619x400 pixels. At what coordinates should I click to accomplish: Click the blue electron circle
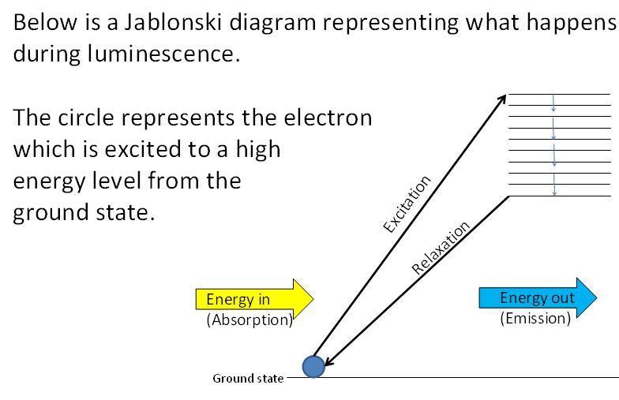point(314,366)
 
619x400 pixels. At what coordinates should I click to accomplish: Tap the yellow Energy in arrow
point(254,299)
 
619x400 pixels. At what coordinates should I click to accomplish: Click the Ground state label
point(248,379)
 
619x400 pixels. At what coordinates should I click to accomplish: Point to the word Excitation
point(407,204)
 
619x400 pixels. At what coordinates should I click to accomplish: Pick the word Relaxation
point(441,248)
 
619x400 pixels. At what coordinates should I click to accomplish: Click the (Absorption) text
point(249,320)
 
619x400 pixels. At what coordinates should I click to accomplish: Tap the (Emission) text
point(535,318)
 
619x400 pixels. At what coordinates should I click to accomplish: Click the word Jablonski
point(172,22)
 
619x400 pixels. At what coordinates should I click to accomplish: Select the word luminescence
point(164,54)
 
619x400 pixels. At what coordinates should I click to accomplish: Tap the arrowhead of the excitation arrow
point(503,98)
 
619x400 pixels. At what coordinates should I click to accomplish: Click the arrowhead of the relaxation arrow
point(328,361)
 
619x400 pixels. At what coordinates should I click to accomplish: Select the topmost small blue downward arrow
point(553,103)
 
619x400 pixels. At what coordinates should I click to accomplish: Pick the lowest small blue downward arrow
point(554,185)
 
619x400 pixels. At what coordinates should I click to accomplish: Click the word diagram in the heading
point(272,23)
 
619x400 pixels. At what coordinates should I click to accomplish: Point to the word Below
point(46,22)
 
